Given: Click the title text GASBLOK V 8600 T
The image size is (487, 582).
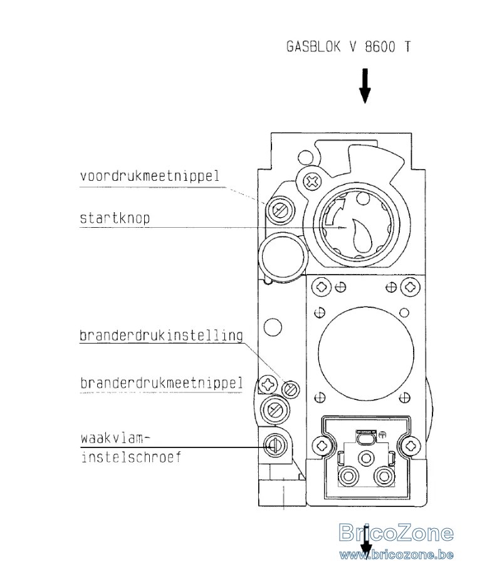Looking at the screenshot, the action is pos(348,47).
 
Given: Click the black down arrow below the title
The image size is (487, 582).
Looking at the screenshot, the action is pos(365,86).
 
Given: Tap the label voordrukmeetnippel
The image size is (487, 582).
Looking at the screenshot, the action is pos(150,176).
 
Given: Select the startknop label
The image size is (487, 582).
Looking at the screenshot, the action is pos(115,218).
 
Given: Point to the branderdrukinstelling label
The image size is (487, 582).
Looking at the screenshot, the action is pos(161,335).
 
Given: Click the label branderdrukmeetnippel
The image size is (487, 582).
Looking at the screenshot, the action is pos(162,382).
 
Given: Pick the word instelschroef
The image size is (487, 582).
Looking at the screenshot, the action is pos(132,457).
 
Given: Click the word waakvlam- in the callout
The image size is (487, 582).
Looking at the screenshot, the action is pos(115,438).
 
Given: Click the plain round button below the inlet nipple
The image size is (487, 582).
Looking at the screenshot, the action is pos(283,256).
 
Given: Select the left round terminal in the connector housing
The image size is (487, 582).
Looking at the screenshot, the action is pos(348,476).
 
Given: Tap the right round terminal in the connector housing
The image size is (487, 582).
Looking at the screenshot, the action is pos(384,476).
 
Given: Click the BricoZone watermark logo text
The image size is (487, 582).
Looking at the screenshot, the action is pos(396,533).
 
